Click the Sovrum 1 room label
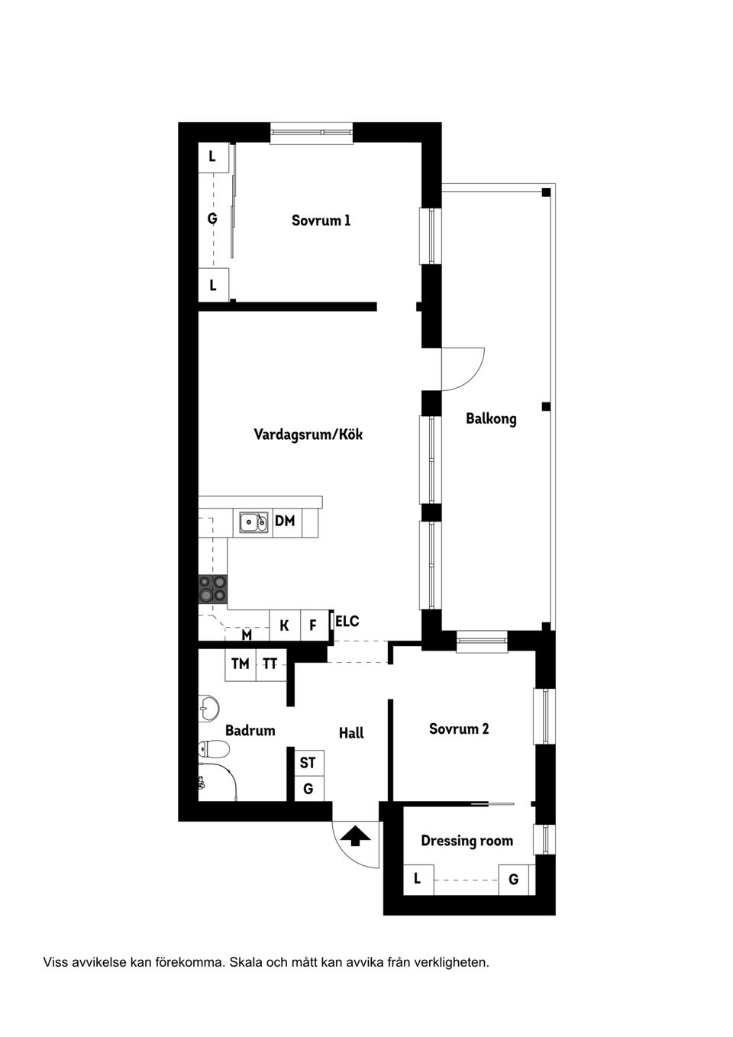coord(321,221)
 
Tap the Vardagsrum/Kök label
coord(308,435)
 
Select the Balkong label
coord(491,418)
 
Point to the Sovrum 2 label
coord(459,728)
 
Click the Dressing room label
coord(467,841)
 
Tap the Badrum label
coord(250,731)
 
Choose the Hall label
coord(351,733)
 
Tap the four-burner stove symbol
coord(213,589)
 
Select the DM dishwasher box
coord(285,522)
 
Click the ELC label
coord(347,622)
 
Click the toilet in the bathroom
coord(214,750)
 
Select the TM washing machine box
coord(241,664)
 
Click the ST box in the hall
coord(308,763)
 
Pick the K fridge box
coord(285,625)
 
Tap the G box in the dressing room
coord(514,880)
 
